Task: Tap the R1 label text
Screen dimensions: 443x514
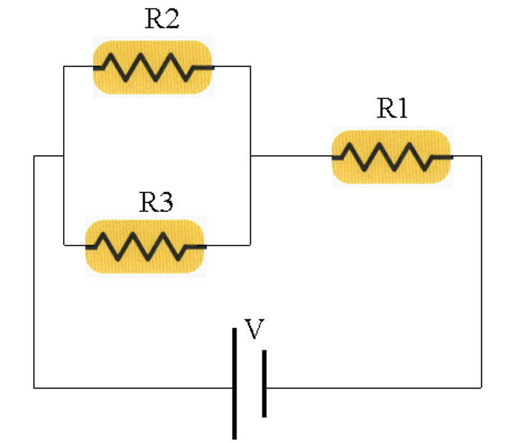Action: [x=392, y=108]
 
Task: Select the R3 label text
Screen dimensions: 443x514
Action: [x=156, y=203]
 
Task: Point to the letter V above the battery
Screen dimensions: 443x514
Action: [x=254, y=330]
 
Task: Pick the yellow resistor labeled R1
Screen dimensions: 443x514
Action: [x=392, y=156]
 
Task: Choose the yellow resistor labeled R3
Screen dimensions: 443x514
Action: [x=145, y=246]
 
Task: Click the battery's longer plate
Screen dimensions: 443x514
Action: [x=234, y=383]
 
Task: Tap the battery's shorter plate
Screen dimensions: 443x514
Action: [x=264, y=383]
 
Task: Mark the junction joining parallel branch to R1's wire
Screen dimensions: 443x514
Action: [x=250, y=155]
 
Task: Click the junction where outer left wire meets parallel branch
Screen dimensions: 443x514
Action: [x=64, y=155]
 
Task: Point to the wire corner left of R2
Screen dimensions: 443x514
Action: [x=64, y=67]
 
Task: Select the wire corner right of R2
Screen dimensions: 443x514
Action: [x=250, y=67]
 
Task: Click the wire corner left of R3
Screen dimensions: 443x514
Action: [x=64, y=245]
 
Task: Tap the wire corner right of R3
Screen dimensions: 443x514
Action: [x=250, y=245]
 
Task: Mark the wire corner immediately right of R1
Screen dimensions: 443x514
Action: [x=481, y=156]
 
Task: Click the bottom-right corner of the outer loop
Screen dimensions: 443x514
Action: [x=481, y=388]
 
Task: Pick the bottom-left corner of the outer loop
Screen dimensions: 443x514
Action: [x=34, y=388]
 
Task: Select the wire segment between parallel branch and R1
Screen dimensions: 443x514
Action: [x=290, y=155]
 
